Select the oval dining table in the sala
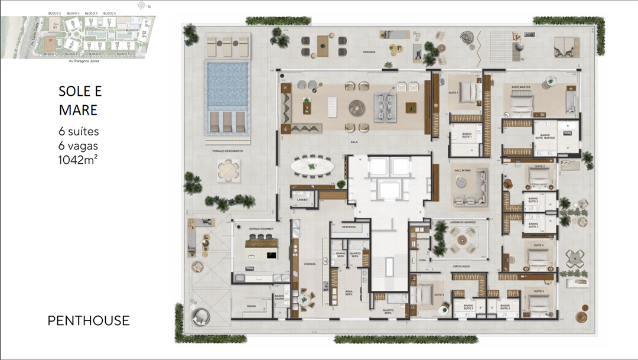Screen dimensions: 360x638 [x=311, y=166]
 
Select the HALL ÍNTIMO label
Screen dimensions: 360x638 [x=461, y=170]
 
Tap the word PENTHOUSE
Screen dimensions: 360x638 [x=89, y=320]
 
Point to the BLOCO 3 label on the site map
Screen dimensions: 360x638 [x=73, y=13]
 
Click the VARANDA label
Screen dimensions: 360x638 [x=369, y=51]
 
